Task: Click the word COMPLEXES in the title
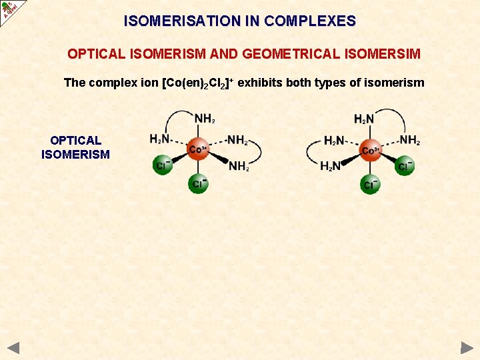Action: pos(310,21)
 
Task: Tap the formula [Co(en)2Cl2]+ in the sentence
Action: pos(197,83)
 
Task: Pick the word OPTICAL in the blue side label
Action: pos(75,141)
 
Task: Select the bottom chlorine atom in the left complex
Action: pos(197,183)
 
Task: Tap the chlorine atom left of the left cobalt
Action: pos(162,165)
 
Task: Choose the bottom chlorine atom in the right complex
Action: pos(370,183)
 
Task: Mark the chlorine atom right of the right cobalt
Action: pos(405,166)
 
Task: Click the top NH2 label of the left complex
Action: pos(205,119)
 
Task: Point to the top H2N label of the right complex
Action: pos(364,119)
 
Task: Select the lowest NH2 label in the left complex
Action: pos(238,167)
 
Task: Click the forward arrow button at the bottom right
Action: pos(466,347)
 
